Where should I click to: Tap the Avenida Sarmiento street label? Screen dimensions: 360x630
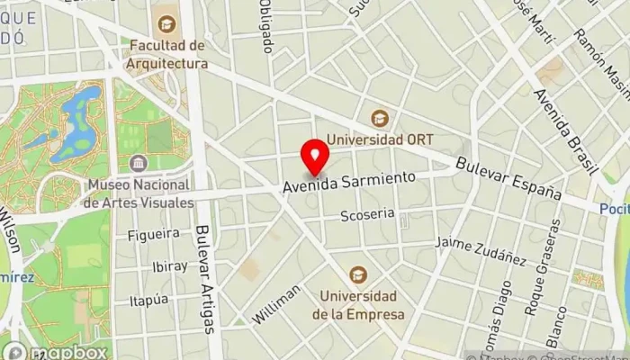coord(349,182)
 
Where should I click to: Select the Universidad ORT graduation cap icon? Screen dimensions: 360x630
coord(380,118)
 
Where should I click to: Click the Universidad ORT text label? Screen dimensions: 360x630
coord(380,139)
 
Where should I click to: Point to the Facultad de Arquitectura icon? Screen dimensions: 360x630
coord(166,23)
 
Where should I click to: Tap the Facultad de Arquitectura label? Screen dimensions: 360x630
coord(168,55)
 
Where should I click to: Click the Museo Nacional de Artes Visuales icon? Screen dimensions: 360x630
coord(138,163)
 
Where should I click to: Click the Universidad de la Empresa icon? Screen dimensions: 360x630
coord(358,274)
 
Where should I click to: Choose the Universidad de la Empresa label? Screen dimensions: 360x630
coord(358,306)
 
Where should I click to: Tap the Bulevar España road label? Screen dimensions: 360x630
coord(508,180)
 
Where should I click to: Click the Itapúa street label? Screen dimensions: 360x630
coord(148,299)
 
